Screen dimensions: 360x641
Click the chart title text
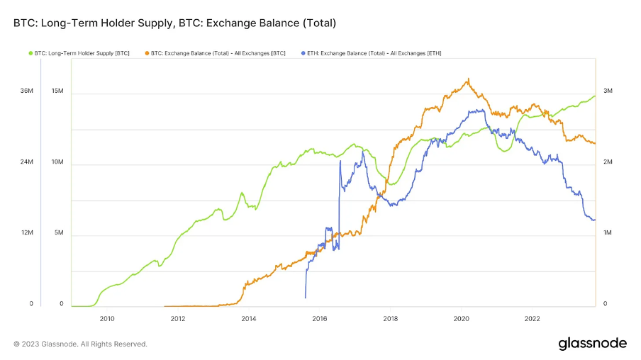coord(174,23)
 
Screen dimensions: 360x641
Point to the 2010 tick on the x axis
coord(107,319)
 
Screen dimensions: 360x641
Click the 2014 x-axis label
coord(249,319)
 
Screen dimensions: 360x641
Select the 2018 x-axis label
coord(391,319)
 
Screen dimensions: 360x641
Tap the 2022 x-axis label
coord(533,319)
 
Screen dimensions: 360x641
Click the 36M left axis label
coord(27,91)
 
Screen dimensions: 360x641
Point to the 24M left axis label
coord(27,162)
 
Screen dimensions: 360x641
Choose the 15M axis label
coord(57,91)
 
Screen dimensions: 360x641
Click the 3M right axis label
coord(608,91)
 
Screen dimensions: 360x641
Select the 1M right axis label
coord(608,233)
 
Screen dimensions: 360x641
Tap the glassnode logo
coord(592,343)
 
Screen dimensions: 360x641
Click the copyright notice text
coord(80,344)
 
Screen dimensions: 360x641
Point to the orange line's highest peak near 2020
coord(468,79)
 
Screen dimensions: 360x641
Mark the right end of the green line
coord(595,96)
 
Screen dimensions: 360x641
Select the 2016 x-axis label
coord(320,319)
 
